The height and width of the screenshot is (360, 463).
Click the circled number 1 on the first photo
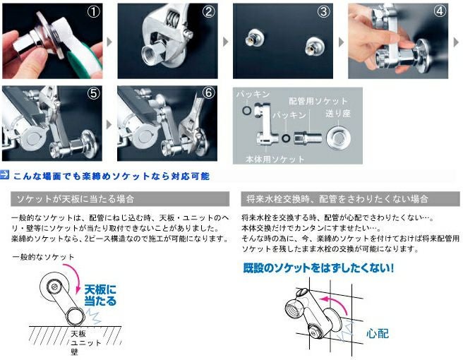point(93,11)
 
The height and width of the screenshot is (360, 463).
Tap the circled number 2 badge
point(208,11)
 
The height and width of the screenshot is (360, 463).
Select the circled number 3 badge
point(323,11)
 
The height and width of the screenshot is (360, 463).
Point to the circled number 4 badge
point(440,11)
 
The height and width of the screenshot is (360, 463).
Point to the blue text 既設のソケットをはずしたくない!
point(318,268)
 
